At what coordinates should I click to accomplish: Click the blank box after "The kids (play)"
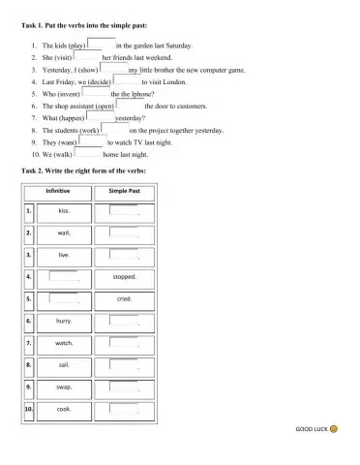[x=101, y=44]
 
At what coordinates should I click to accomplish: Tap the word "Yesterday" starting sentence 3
[x=60, y=71]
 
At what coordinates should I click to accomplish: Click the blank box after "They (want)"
[x=92, y=140]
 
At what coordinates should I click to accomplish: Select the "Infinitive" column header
[x=63, y=192]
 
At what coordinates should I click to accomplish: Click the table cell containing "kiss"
[x=64, y=210]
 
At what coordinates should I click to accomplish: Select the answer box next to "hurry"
[x=123, y=320]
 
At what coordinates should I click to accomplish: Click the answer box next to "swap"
[x=123, y=386]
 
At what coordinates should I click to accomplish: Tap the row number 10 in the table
[x=29, y=409]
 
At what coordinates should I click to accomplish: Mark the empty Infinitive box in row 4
[x=63, y=276]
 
